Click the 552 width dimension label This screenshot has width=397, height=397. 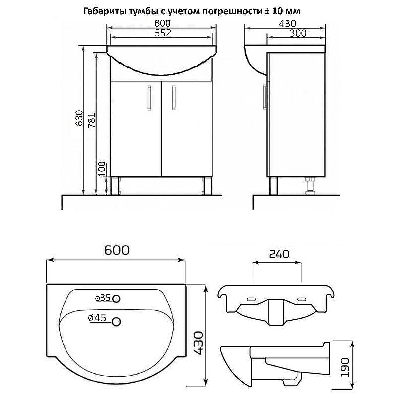pyautogui.click(x=163, y=33)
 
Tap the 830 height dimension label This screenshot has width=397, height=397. pyautogui.click(x=79, y=118)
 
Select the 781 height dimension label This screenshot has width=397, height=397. pyautogui.click(x=92, y=120)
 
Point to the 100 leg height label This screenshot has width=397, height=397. pyautogui.click(x=102, y=169)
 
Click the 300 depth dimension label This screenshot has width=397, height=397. pyautogui.click(x=298, y=33)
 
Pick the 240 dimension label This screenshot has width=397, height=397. pyautogui.click(x=279, y=254)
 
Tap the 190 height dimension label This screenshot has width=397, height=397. pyautogui.click(x=345, y=367)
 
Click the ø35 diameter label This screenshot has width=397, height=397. pyautogui.click(x=103, y=298)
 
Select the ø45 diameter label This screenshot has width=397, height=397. pyautogui.click(x=97, y=318)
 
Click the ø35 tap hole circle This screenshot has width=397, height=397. pyautogui.click(x=116, y=299)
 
